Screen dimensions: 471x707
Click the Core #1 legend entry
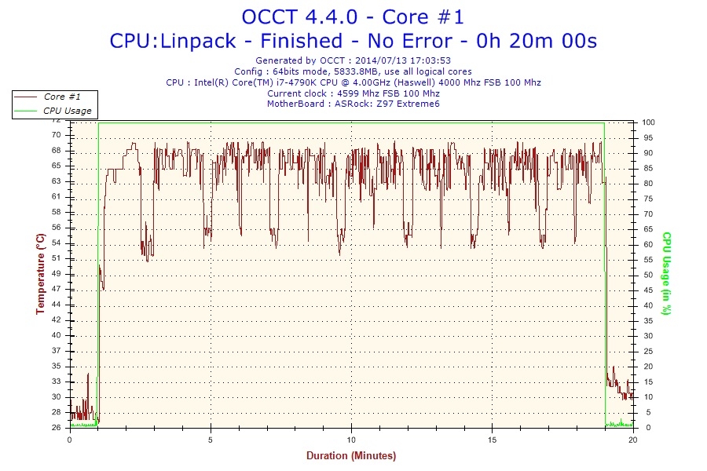[60, 97]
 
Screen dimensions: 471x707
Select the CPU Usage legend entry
[67, 111]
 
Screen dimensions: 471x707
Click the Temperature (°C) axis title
[40, 274]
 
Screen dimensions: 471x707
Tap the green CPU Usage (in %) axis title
[666, 274]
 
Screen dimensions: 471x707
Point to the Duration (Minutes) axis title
[351, 455]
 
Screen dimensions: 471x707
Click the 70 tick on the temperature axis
[57, 136]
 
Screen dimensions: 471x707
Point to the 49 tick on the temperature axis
[57, 273]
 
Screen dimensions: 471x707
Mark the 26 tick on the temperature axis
[57, 428]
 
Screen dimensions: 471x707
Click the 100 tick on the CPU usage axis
[649, 122]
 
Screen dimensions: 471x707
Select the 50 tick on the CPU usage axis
[647, 275]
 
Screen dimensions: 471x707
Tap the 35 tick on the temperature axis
[57, 366]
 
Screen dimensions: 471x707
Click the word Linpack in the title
[194, 40]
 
